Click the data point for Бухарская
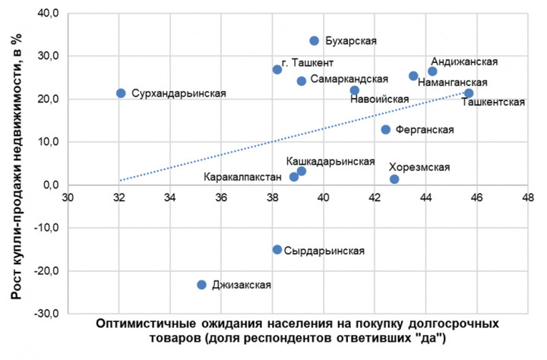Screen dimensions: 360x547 point(315,41)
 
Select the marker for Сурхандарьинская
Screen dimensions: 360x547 point(121,93)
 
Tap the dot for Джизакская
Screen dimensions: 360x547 point(201,285)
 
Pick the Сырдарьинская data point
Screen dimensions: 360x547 point(277,250)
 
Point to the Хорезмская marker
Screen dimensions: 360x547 point(394,179)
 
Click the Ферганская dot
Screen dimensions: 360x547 point(386,130)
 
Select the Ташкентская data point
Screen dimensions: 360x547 point(469,93)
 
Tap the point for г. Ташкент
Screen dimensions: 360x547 point(277,70)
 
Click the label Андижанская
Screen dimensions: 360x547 point(464,62)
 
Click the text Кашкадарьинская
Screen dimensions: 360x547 point(330,161)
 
